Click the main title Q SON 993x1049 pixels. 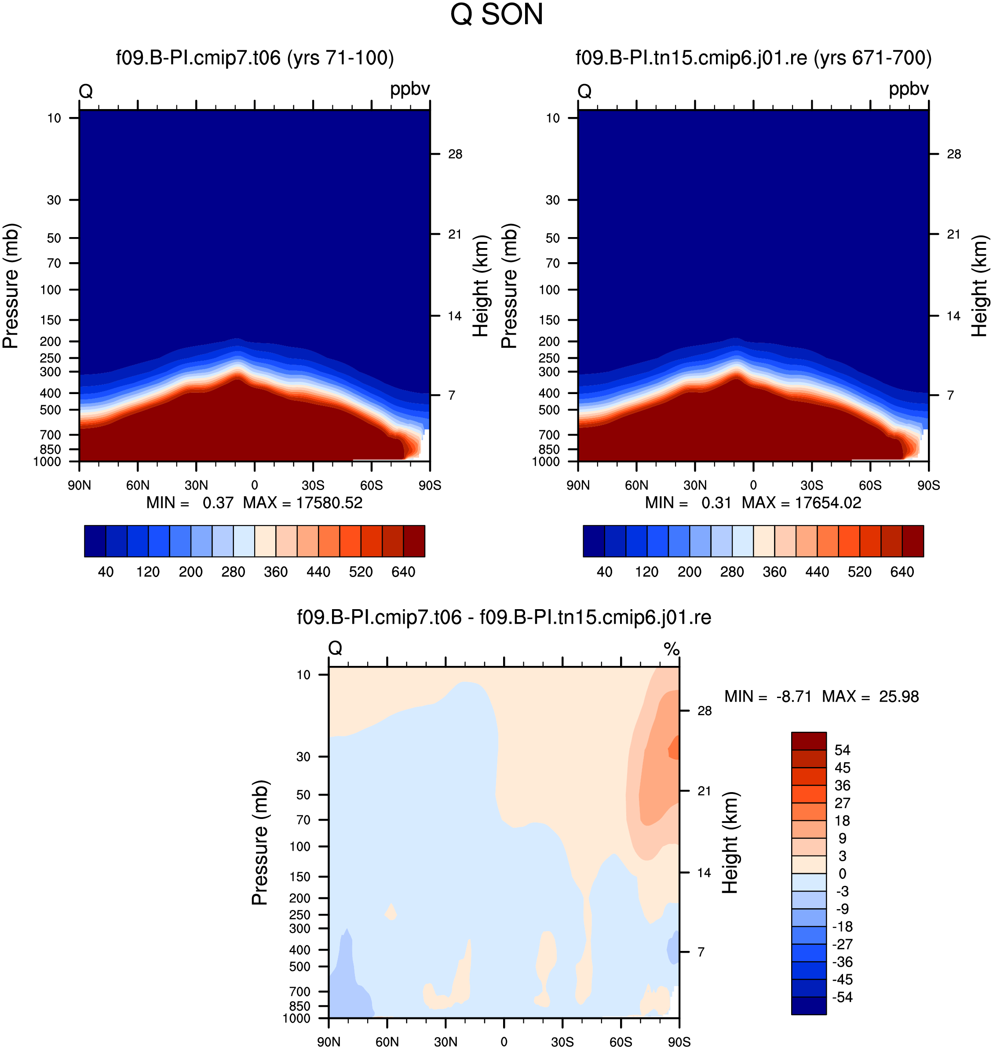(496, 14)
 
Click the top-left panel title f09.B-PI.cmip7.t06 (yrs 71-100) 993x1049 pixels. (255, 58)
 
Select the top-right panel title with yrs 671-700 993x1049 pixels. (754, 58)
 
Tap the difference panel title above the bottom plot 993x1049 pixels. (504, 617)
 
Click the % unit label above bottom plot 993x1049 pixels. (671, 648)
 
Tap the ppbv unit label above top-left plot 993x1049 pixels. (410, 89)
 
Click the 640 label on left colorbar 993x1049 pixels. (403, 572)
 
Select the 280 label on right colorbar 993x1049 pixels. (732, 572)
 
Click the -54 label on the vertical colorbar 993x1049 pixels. (842, 997)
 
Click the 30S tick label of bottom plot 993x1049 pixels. (562, 1042)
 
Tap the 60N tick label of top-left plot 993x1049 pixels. (138, 485)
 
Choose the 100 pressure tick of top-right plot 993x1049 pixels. (549, 289)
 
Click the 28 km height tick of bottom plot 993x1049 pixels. (704, 710)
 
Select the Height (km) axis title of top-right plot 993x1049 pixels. (979, 286)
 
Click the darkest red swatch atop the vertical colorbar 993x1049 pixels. (809, 741)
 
